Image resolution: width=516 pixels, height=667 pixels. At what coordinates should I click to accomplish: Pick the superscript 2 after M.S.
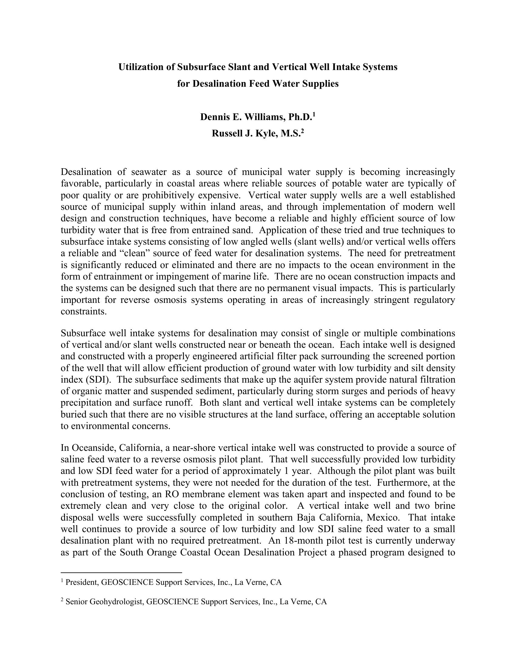pyautogui.click(x=303, y=131)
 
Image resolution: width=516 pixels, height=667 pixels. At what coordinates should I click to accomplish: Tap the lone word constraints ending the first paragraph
pyautogui.click(x=84, y=311)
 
